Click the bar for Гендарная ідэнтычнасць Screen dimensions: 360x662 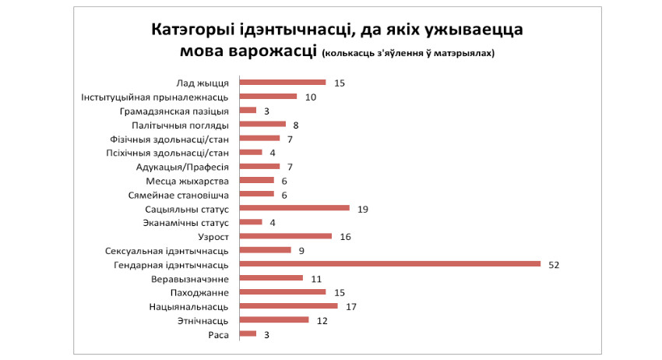(x=389, y=263)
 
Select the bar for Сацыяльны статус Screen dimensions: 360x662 (x=294, y=208)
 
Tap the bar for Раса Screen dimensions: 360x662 (x=248, y=334)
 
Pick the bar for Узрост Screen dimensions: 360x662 (x=285, y=236)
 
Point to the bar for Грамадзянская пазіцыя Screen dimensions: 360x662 (x=248, y=110)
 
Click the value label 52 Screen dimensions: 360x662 (x=553, y=264)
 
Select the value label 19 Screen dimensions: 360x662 (x=362, y=209)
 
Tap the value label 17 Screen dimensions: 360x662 (x=350, y=306)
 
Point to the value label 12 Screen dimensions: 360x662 (x=322, y=320)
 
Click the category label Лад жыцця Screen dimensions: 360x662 (x=202, y=83)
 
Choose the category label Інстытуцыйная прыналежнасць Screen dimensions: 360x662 (x=155, y=97)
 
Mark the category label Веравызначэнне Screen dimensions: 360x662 (x=190, y=278)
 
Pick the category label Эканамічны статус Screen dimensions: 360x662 (x=185, y=222)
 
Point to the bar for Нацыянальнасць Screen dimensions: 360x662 (x=288, y=305)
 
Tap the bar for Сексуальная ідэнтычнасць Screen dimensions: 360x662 (x=265, y=250)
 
